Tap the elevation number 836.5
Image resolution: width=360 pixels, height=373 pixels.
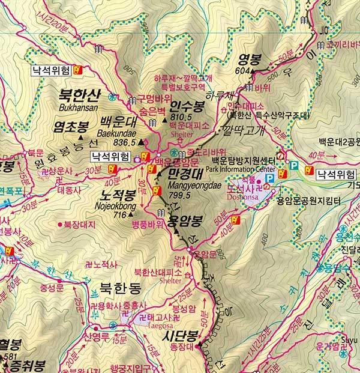125,142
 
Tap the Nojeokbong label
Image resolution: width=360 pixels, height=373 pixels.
118,205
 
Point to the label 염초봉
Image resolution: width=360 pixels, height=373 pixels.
71,126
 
